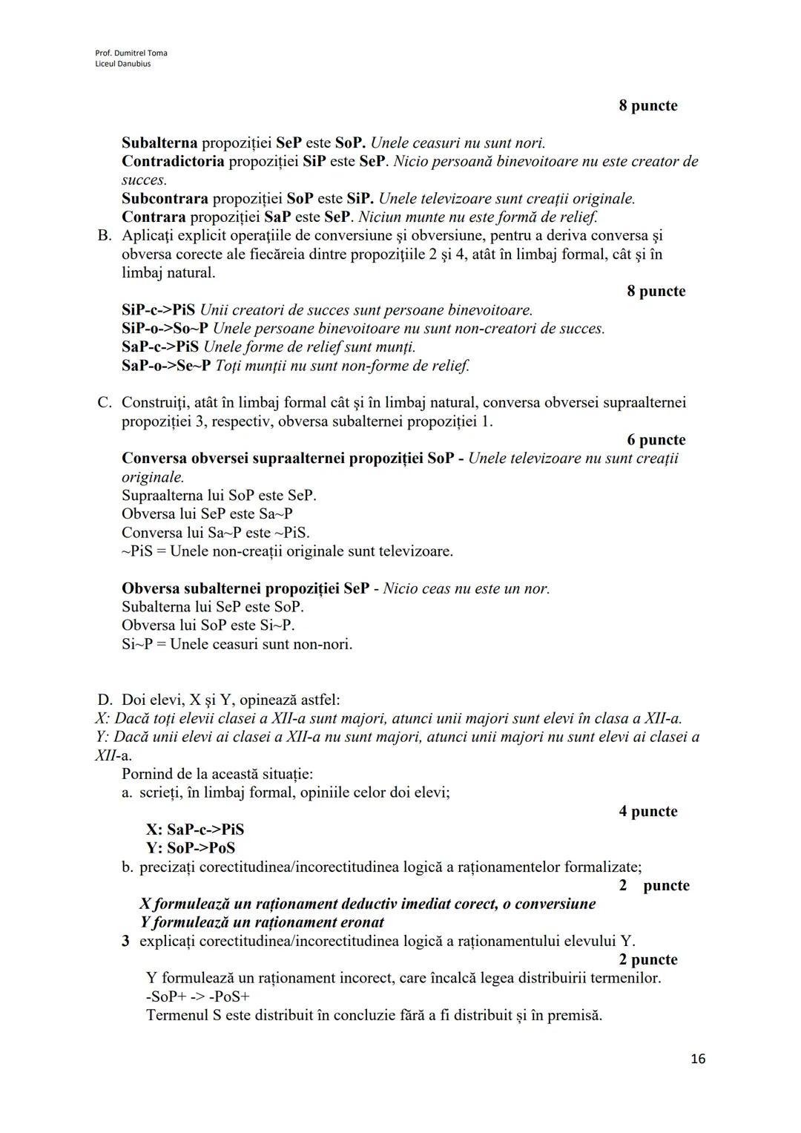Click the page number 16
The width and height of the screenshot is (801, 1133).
[x=697, y=1059]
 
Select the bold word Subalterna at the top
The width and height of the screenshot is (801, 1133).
[x=159, y=142]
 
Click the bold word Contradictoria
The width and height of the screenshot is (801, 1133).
[x=173, y=161]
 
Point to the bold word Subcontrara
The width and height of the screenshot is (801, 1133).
[x=165, y=199]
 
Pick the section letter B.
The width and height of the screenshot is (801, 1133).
[x=104, y=236]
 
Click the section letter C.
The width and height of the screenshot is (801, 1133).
[x=104, y=402]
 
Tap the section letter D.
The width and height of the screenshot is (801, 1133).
[x=105, y=700]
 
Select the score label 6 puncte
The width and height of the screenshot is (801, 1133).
[x=656, y=440]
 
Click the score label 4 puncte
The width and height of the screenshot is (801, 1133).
[x=647, y=811]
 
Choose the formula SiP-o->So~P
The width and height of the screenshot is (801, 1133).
[x=165, y=329]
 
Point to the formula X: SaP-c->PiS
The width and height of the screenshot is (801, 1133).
[x=195, y=830]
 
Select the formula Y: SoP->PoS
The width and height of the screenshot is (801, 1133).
[x=191, y=848]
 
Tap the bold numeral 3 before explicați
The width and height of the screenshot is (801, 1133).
[x=126, y=941]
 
